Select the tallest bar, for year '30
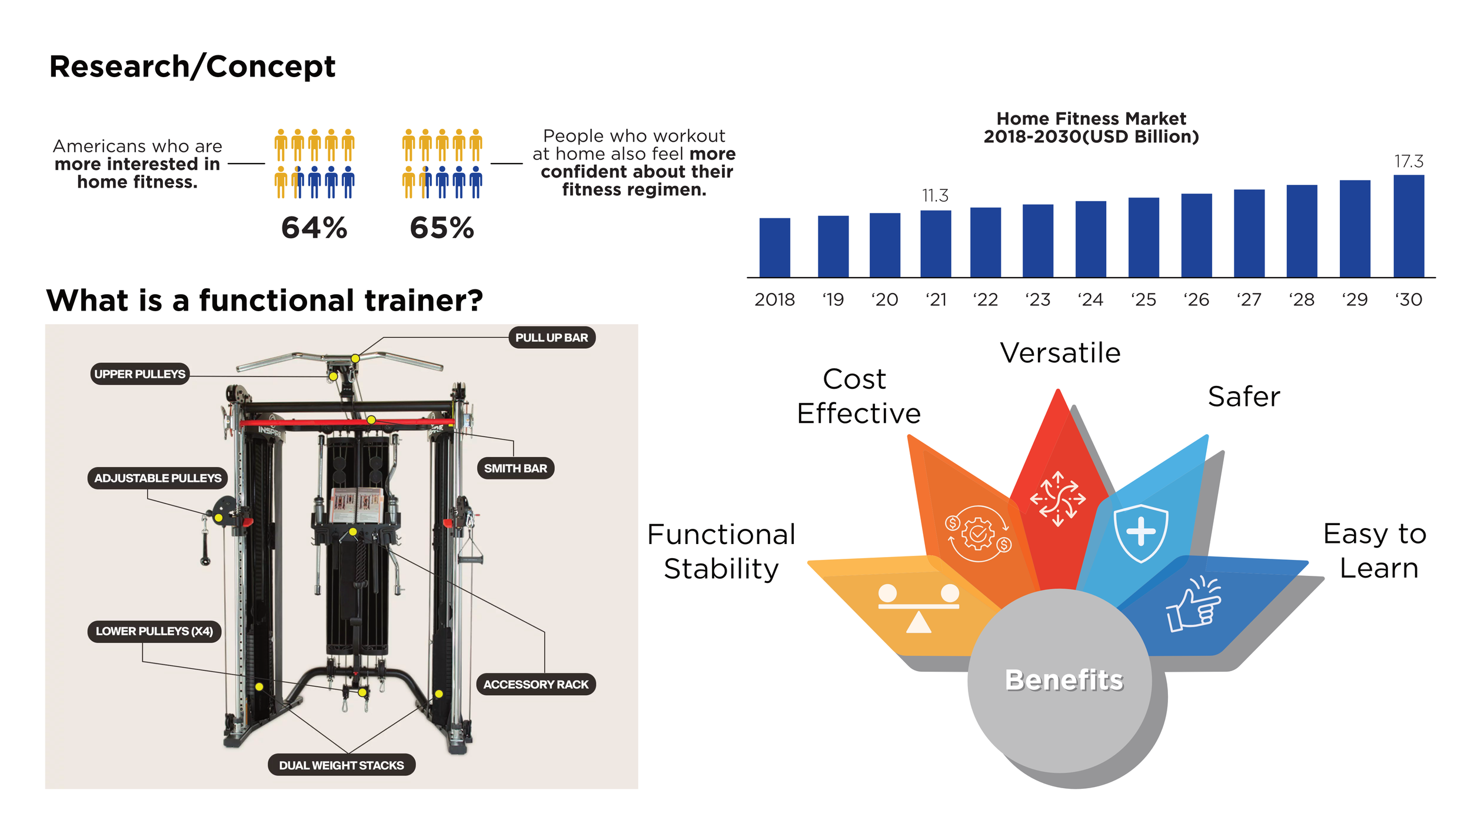pos(1409,226)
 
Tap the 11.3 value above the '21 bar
pos(935,195)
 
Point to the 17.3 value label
pos(1409,161)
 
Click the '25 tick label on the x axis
pos(1143,300)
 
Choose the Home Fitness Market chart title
pos(1091,128)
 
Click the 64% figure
pos(314,228)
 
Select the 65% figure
pos(442,228)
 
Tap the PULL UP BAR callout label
pos(551,338)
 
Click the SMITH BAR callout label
pos(515,468)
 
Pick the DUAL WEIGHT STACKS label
pos(341,765)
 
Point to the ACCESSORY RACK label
pos(535,685)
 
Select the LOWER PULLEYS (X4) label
pos(154,631)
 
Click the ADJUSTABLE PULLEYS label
pos(158,478)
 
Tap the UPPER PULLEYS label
pos(140,374)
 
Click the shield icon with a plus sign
pos(1140,532)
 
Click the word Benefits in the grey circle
pos(1064,680)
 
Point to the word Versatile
pos(1060,353)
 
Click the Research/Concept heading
pos(192,66)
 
